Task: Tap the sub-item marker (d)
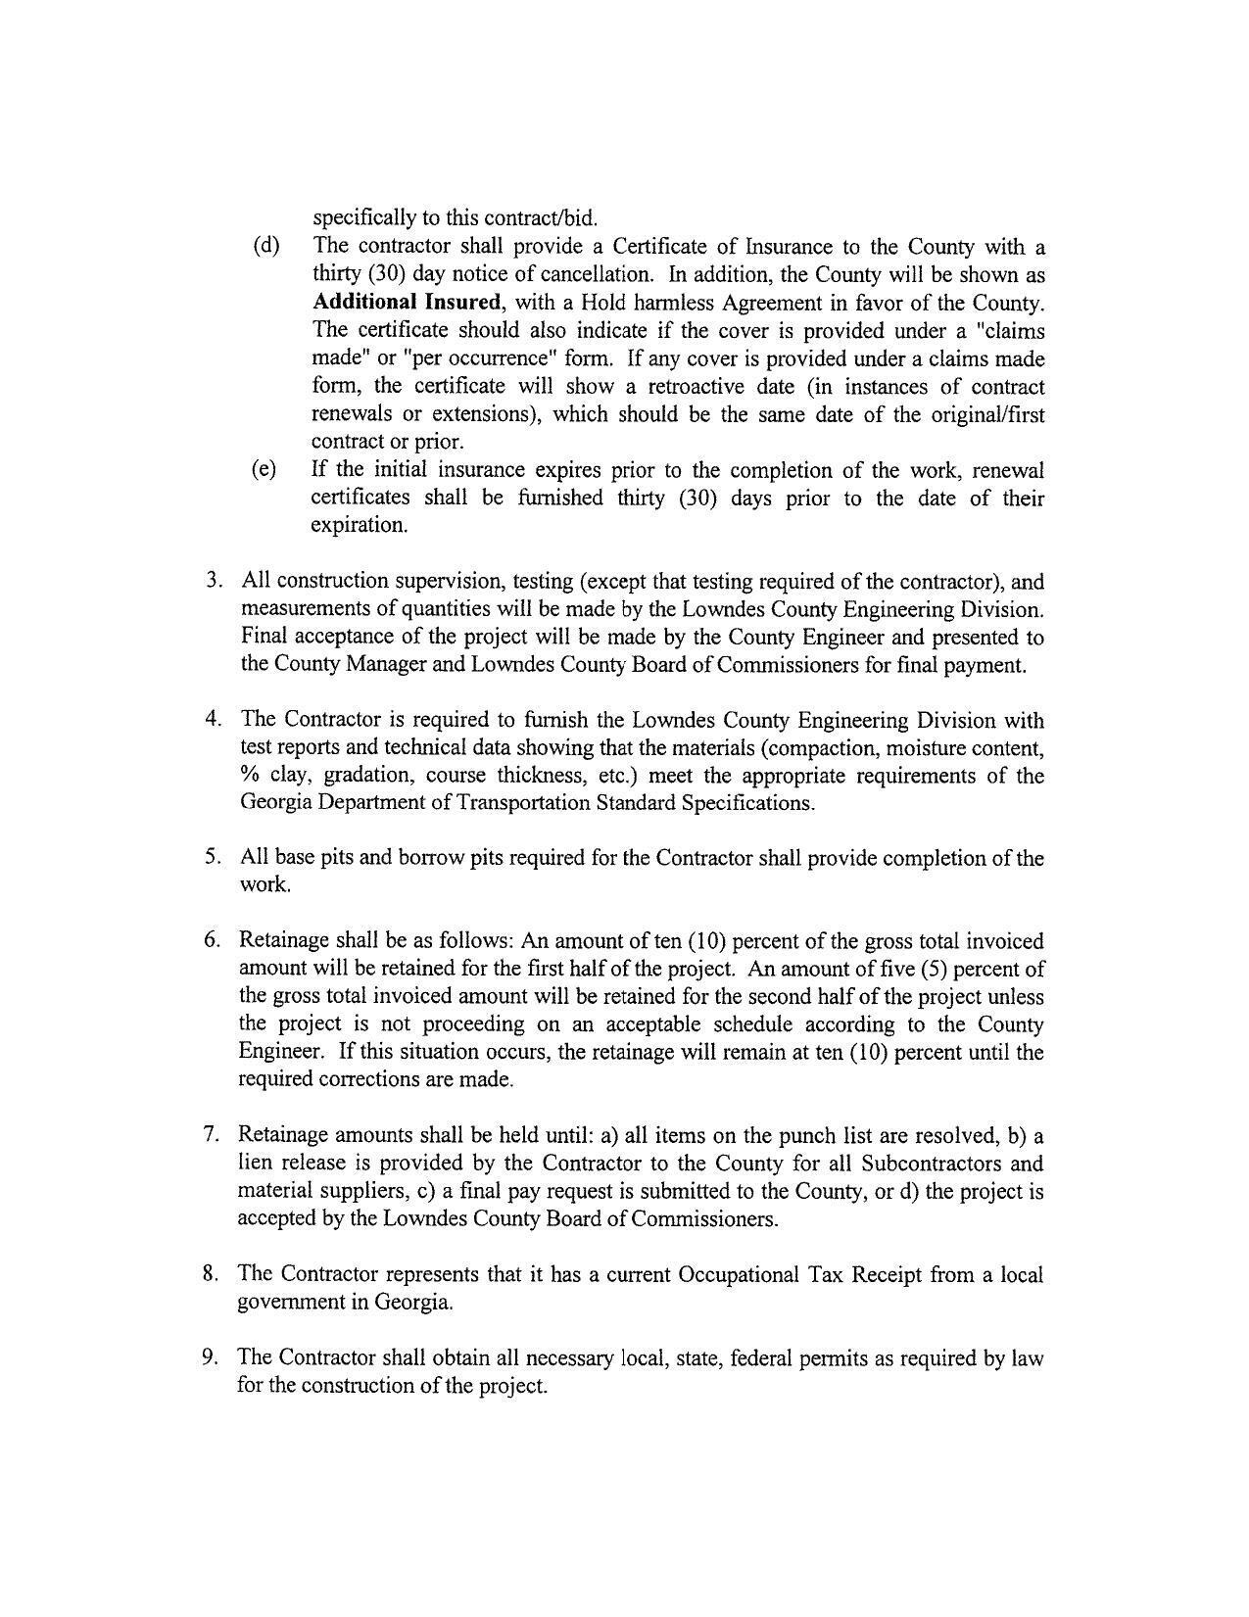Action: (x=265, y=246)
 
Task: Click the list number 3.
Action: (x=213, y=581)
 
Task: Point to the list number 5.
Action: (x=213, y=858)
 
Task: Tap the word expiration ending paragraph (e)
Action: (x=359, y=525)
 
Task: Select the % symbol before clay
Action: (x=249, y=776)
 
